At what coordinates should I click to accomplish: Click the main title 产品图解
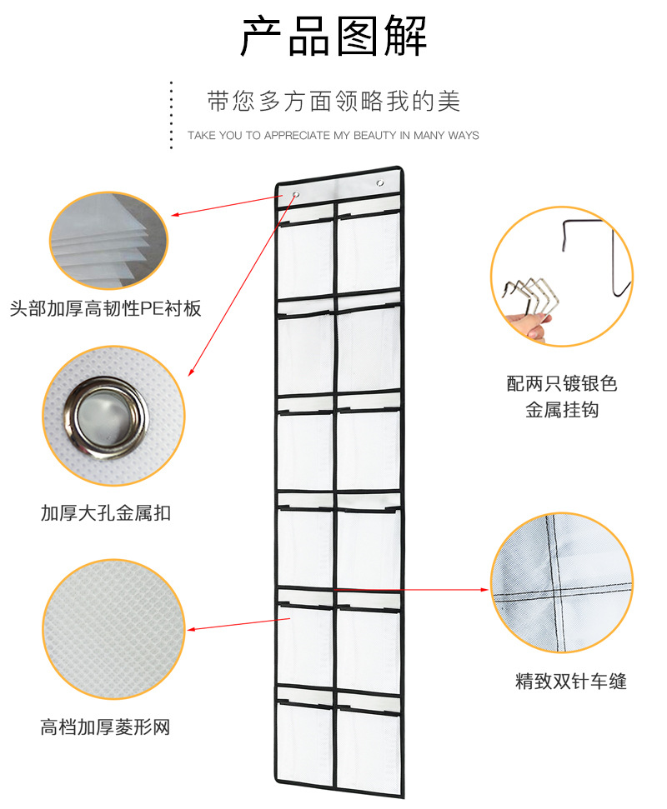point(333,37)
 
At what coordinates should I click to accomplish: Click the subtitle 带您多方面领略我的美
point(333,102)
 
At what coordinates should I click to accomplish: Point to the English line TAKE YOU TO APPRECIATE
point(333,135)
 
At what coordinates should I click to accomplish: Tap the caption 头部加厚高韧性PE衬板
point(105,309)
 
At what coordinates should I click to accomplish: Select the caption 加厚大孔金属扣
point(105,512)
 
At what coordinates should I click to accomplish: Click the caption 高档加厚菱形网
point(105,727)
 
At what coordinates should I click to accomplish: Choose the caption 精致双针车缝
point(570,682)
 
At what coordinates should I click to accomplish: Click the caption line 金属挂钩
point(561,410)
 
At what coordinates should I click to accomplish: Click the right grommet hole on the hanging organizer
point(380,182)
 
